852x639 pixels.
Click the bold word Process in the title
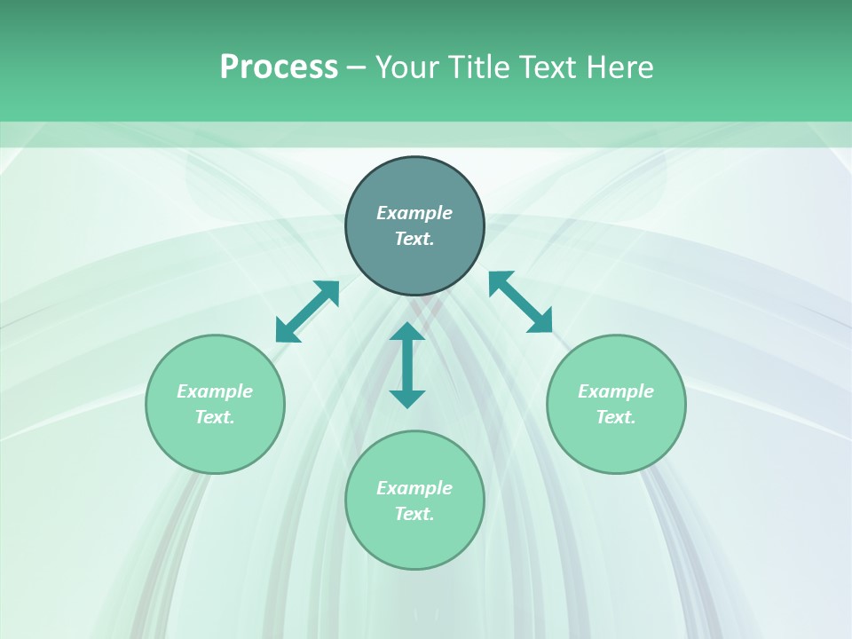point(279,67)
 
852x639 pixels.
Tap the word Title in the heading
point(479,67)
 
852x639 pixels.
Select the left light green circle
point(215,439)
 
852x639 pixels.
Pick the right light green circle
point(616,439)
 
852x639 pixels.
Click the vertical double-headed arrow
point(407,365)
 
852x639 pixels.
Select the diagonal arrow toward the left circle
point(307,312)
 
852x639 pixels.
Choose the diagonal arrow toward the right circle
point(520,302)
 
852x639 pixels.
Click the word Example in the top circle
point(414,213)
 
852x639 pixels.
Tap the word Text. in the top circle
point(414,239)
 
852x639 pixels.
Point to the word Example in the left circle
point(215,391)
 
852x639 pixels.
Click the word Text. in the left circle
point(215,417)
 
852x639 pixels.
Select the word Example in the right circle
point(616,391)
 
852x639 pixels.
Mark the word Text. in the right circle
point(616,417)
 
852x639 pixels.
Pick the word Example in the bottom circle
point(414,488)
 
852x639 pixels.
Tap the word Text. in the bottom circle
point(414,514)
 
